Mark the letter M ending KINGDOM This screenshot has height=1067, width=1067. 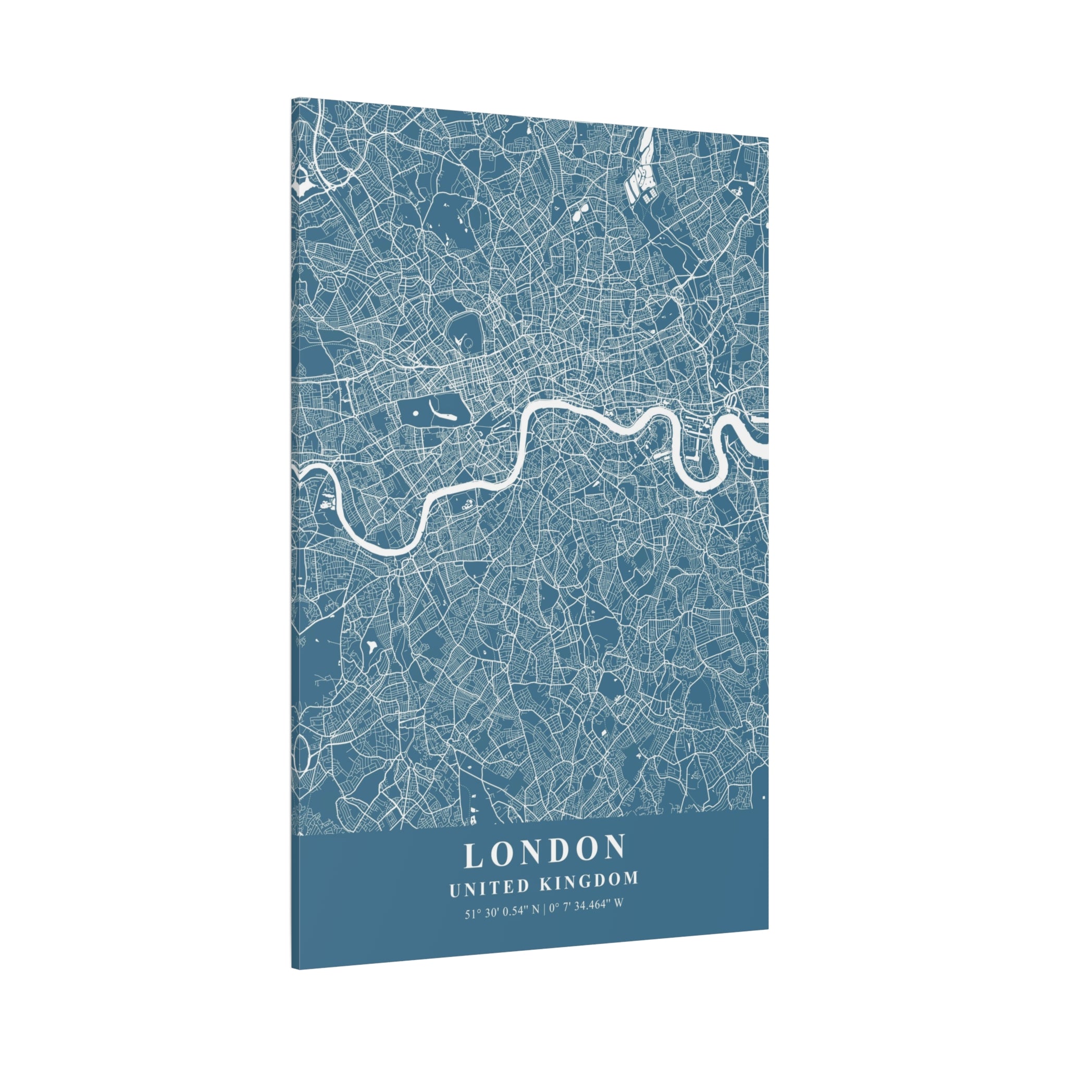click(630, 879)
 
